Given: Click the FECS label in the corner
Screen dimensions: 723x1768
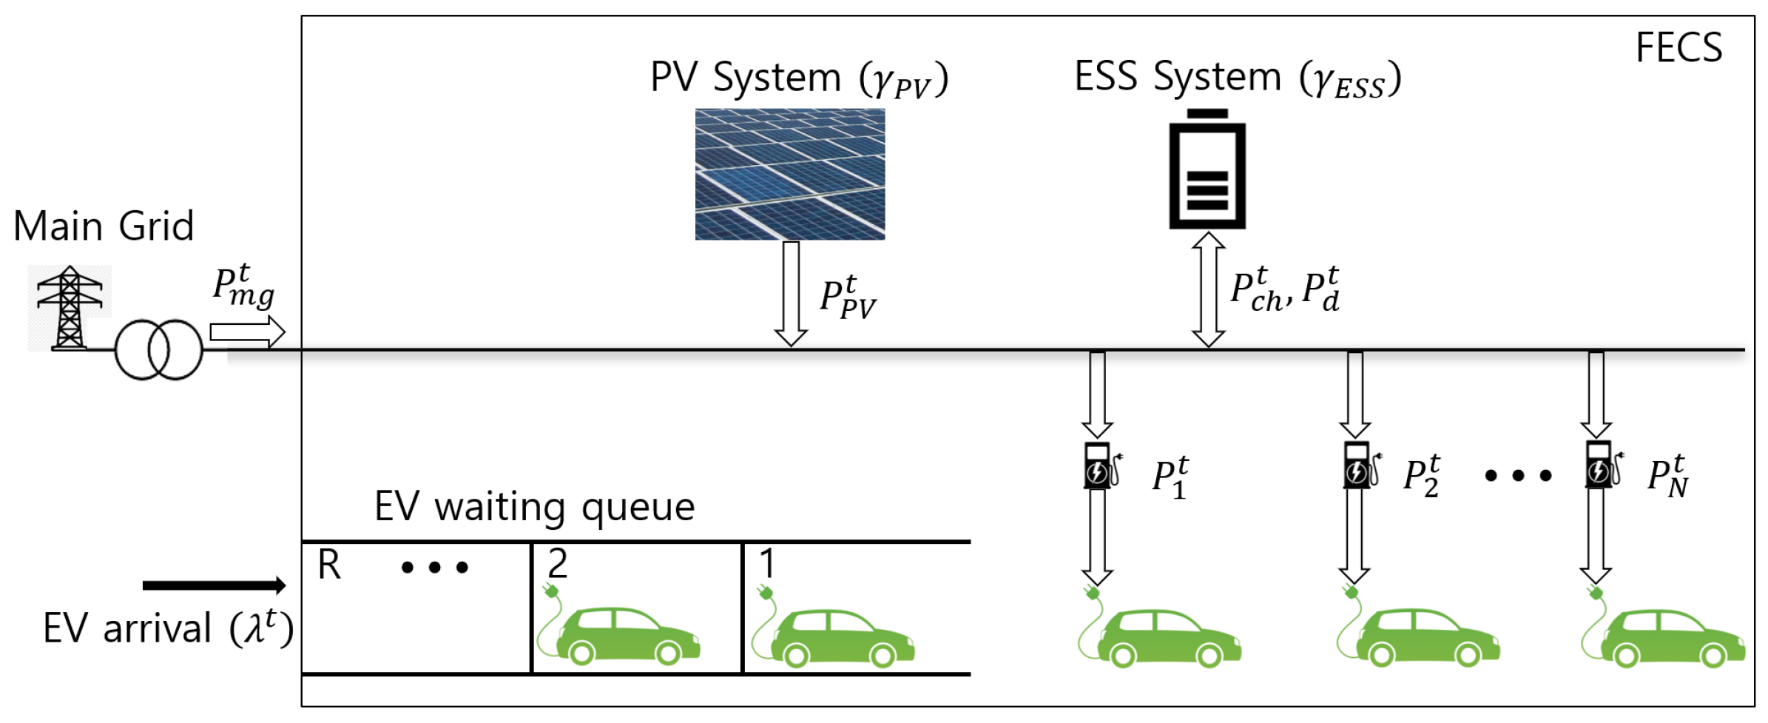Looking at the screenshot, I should [1678, 48].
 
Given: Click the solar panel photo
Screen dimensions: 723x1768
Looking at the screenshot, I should [789, 174].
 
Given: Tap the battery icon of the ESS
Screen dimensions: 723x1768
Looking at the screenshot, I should [1207, 170].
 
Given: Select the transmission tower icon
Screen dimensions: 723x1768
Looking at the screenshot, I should [70, 307].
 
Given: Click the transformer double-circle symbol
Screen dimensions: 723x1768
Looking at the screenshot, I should [158, 349].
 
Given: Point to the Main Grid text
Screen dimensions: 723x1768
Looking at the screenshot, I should [104, 226].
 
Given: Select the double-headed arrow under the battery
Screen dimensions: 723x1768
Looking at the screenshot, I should [1208, 289].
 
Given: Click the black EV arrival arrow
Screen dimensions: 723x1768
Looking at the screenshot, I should [214, 585].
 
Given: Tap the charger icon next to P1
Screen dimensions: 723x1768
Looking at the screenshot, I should [1100, 466].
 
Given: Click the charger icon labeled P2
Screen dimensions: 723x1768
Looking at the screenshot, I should [1360, 465].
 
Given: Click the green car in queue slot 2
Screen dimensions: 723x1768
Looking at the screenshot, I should [621, 633].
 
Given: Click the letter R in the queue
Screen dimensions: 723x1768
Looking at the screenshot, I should [329, 565].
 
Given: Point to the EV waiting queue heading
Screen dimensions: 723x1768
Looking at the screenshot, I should [534, 507].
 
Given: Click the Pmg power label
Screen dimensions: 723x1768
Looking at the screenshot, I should [243, 286].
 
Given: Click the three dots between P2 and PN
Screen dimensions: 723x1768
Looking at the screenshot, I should [1518, 476].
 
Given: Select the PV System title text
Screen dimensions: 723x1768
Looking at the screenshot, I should [799, 78].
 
